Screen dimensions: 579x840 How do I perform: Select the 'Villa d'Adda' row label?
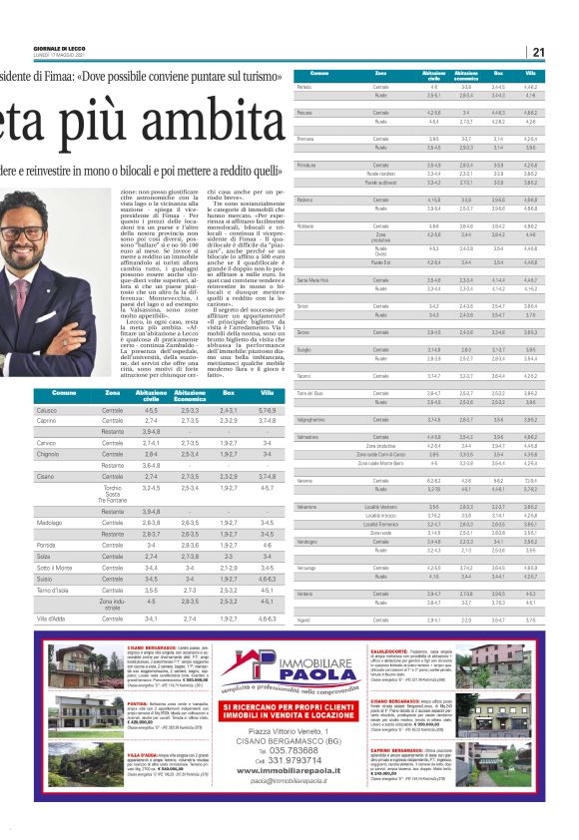click(x=51, y=619)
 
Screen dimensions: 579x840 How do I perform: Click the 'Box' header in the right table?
click(x=498, y=74)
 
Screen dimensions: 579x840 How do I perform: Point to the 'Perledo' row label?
click(x=306, y=88)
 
